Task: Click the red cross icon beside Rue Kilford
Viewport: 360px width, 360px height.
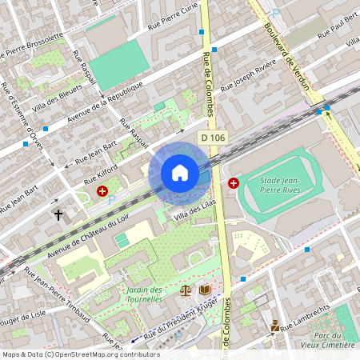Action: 102,191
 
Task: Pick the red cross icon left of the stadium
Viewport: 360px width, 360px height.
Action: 233,183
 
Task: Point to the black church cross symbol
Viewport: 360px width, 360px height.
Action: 58,214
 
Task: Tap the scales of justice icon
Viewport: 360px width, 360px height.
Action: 187,290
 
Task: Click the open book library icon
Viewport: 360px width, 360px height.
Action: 205,290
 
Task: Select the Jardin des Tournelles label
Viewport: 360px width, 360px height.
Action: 144,294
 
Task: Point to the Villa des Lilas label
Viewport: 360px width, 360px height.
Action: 192,214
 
